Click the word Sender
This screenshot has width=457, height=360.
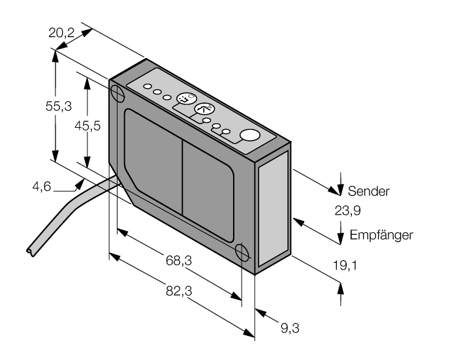tap(369, 192)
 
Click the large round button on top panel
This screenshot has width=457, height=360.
tap(249, 136)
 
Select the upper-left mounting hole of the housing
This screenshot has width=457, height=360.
tap(118, 93)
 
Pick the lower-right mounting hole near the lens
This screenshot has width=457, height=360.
tap(242, 252)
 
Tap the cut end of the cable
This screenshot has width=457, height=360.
tap(27, 250)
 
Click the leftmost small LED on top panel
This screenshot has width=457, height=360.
tap(149, 87)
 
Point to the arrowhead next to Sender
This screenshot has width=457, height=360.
tap(339, 190)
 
